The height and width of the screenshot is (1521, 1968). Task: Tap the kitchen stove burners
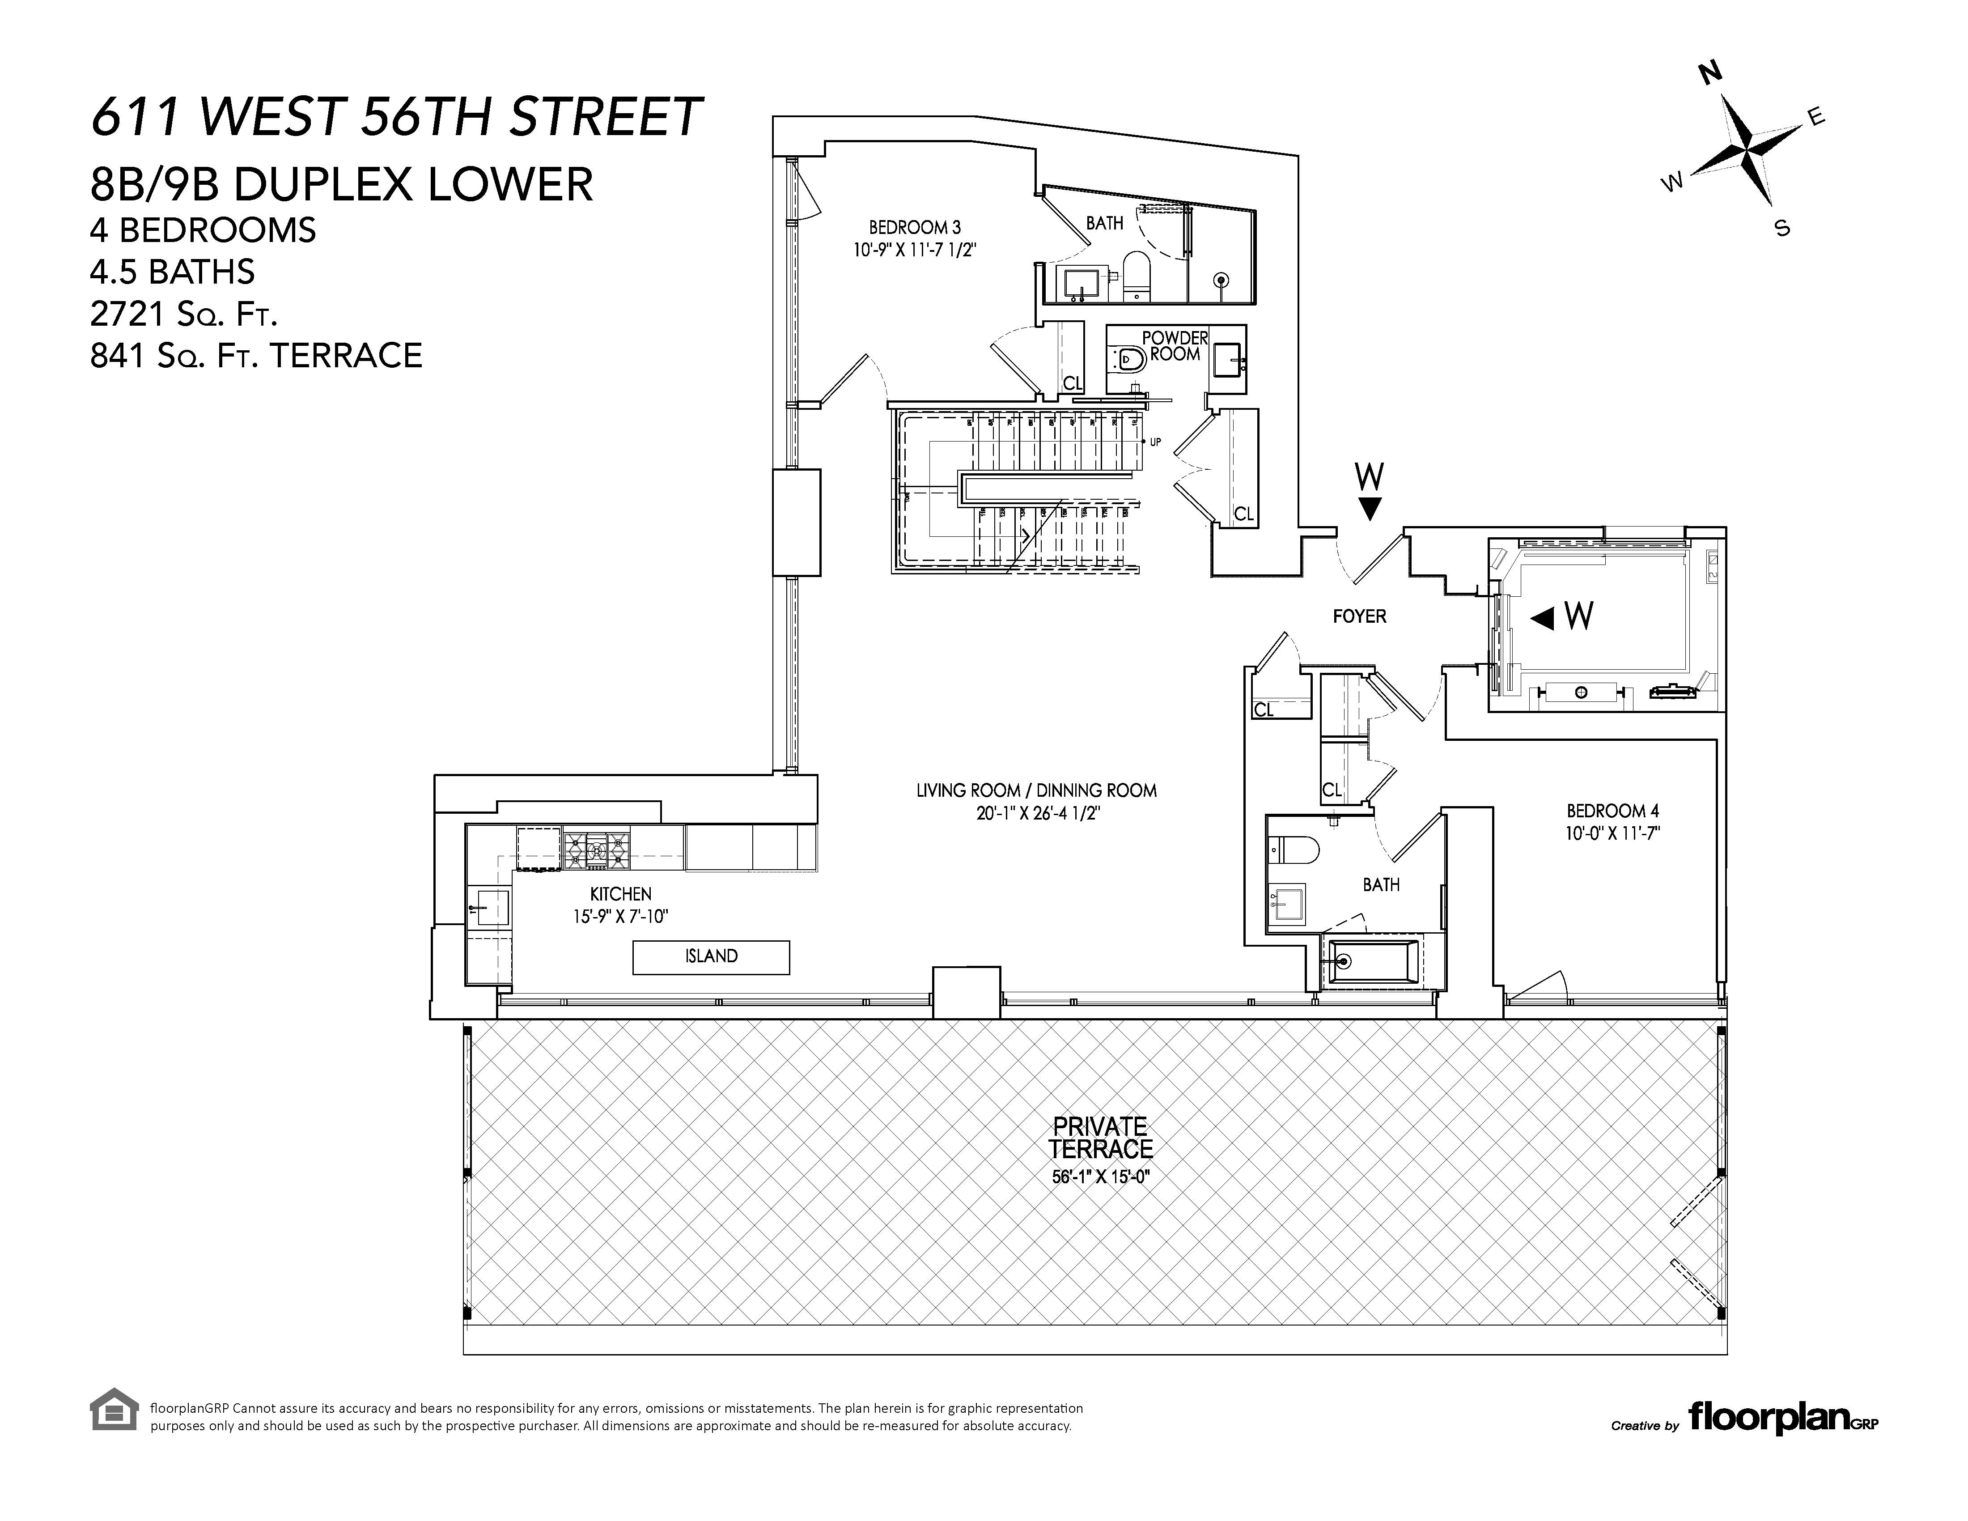pos(596,850)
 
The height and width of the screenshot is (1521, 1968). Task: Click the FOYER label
pos(1359,616)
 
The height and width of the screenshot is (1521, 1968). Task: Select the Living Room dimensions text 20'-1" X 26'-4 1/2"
pos(1036,814)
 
